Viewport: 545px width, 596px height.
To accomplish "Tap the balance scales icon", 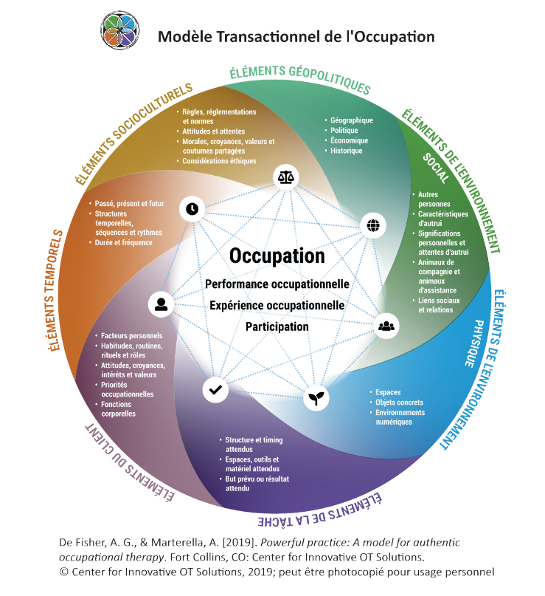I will [285, 177].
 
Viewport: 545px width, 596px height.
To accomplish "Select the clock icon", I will [192, 209].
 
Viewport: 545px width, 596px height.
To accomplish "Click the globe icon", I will [372, 225].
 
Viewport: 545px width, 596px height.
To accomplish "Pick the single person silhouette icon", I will [161, 304].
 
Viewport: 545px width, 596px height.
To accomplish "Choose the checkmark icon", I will [215, 389].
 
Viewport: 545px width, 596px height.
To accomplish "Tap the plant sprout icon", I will [316, 399].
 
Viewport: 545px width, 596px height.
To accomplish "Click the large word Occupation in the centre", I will [277, 256].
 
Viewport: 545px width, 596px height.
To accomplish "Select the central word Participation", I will [277, 326].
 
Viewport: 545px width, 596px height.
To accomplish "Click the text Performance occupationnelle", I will [277, 284].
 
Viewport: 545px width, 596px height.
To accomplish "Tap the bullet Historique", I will [347, 151].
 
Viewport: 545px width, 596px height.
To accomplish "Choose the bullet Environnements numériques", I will [400, 417].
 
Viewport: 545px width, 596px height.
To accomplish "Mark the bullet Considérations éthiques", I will [220, 161].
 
